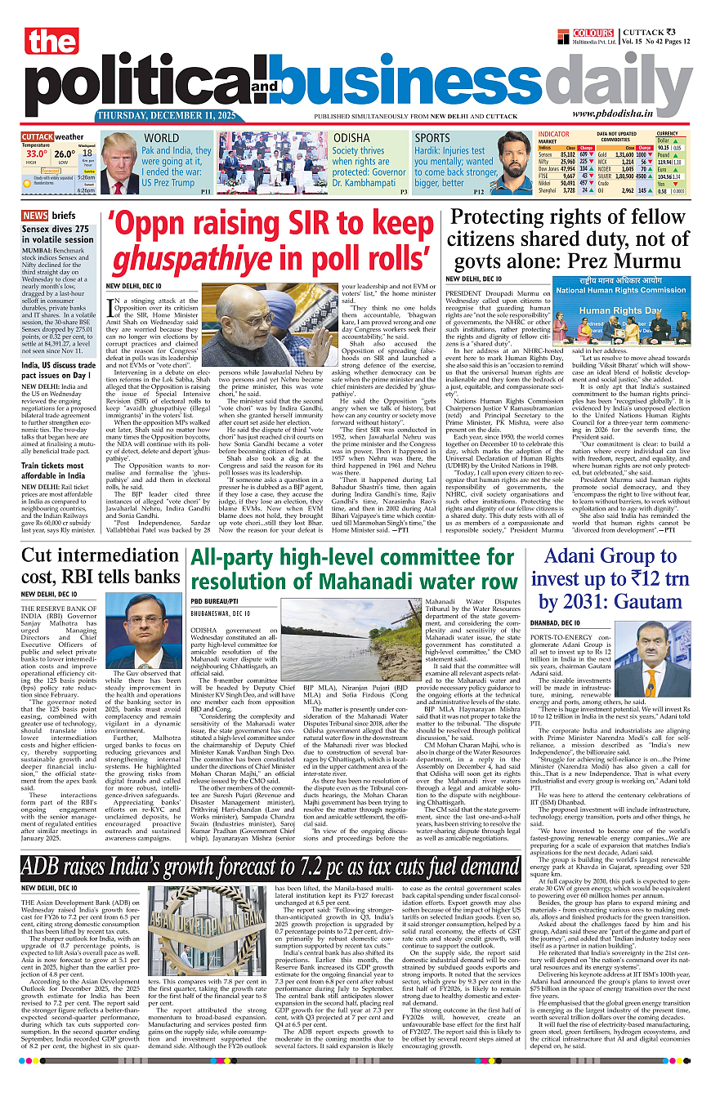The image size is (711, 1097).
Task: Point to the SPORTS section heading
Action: click(x=432, y=139)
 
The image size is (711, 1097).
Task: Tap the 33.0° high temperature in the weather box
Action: click(x=36, y=153)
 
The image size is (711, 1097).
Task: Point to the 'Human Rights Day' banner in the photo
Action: click(x=608, y=311)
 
